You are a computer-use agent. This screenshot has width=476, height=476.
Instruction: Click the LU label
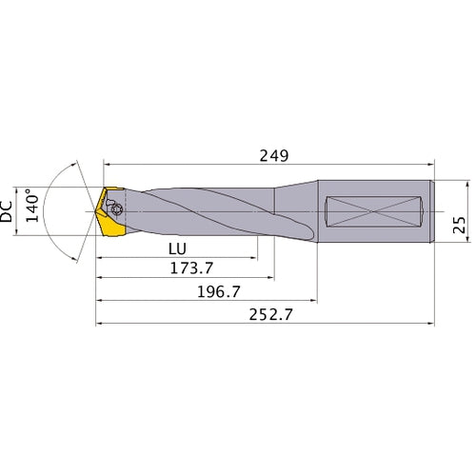tap(175, 247)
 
